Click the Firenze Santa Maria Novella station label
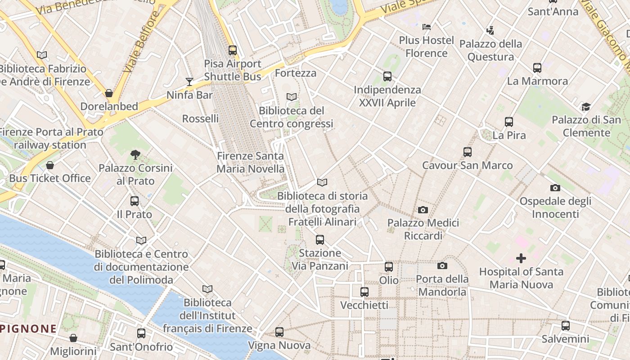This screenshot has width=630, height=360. (x=250, y=162)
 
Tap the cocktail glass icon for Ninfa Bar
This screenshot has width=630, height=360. (x=189, y=82)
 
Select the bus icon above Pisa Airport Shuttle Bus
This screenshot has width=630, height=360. (x=232, y=50)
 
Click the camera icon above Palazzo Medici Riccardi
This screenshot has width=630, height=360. (x=423, y=210)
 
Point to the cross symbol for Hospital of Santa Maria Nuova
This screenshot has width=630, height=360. (x=521, y=258)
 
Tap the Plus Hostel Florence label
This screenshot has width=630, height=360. (x=426, y=47)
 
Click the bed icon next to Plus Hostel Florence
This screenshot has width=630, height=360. (x=427, y=27)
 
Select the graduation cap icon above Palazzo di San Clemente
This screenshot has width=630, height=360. (x=585, y=107)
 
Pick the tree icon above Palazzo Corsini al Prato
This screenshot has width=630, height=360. (x=135, y=155)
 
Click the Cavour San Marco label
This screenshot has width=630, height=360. (x=467, y=165)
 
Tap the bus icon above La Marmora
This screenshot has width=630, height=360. (x=537, y=68)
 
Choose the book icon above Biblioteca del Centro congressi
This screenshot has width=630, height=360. (x=292, y=97)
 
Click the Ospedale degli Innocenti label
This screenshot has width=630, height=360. (x=555, y=207)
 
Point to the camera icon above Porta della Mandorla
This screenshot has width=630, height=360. (x=442, y=265)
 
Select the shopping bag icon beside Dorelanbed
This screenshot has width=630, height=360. (x=108, y=93)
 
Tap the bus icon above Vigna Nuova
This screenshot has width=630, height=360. (x=279, y=332)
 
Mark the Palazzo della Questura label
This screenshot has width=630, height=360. (x=490, y=50)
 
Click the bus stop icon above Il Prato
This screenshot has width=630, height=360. (x=134, y=201)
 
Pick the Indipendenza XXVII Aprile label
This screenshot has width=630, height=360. (x=387, y=96)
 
